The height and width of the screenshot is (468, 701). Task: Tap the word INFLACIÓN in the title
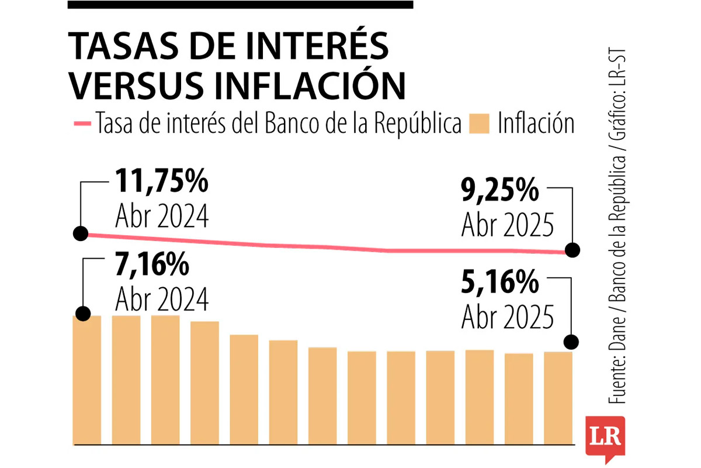(310, 85)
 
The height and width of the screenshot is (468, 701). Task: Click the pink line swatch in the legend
(82, 124)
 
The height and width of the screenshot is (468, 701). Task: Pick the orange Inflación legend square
(480, 124)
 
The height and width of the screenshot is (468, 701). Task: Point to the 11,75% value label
(162, 183)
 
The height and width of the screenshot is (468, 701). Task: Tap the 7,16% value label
(152, 267)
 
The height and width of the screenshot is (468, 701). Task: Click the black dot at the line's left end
(81, 233)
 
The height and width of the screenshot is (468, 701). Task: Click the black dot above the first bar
(83, 314)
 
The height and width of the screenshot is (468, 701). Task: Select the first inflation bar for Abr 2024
(88, 380)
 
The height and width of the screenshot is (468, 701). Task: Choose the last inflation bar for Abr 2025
(558, 398)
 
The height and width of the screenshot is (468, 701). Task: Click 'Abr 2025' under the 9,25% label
(507, 225)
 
